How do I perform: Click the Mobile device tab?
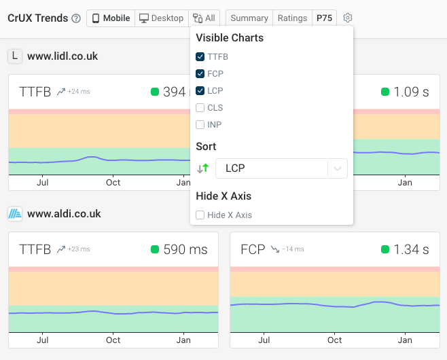click(111, 18)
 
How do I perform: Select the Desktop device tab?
click(161, 18)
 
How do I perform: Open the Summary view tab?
click(249, 18)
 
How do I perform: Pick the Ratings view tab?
click(292, 18)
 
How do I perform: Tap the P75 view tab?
click(324, 18)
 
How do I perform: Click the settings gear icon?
click(348, 18)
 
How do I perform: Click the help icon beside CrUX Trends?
click(76, 18)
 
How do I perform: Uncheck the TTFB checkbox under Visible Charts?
click(200, 57)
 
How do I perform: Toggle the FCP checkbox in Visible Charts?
click(200, 74)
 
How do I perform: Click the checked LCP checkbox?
click(200, 91)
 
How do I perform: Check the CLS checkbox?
click(200, 108)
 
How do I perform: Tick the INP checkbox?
click(200, 125)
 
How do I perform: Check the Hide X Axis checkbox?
click(200, 215)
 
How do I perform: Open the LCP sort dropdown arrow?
click(338, 168)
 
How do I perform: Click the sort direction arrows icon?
click(202, 168)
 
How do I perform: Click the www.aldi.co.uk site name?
click(64, 214)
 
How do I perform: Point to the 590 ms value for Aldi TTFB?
click(185, 250)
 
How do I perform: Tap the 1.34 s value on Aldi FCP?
click(411, 250)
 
